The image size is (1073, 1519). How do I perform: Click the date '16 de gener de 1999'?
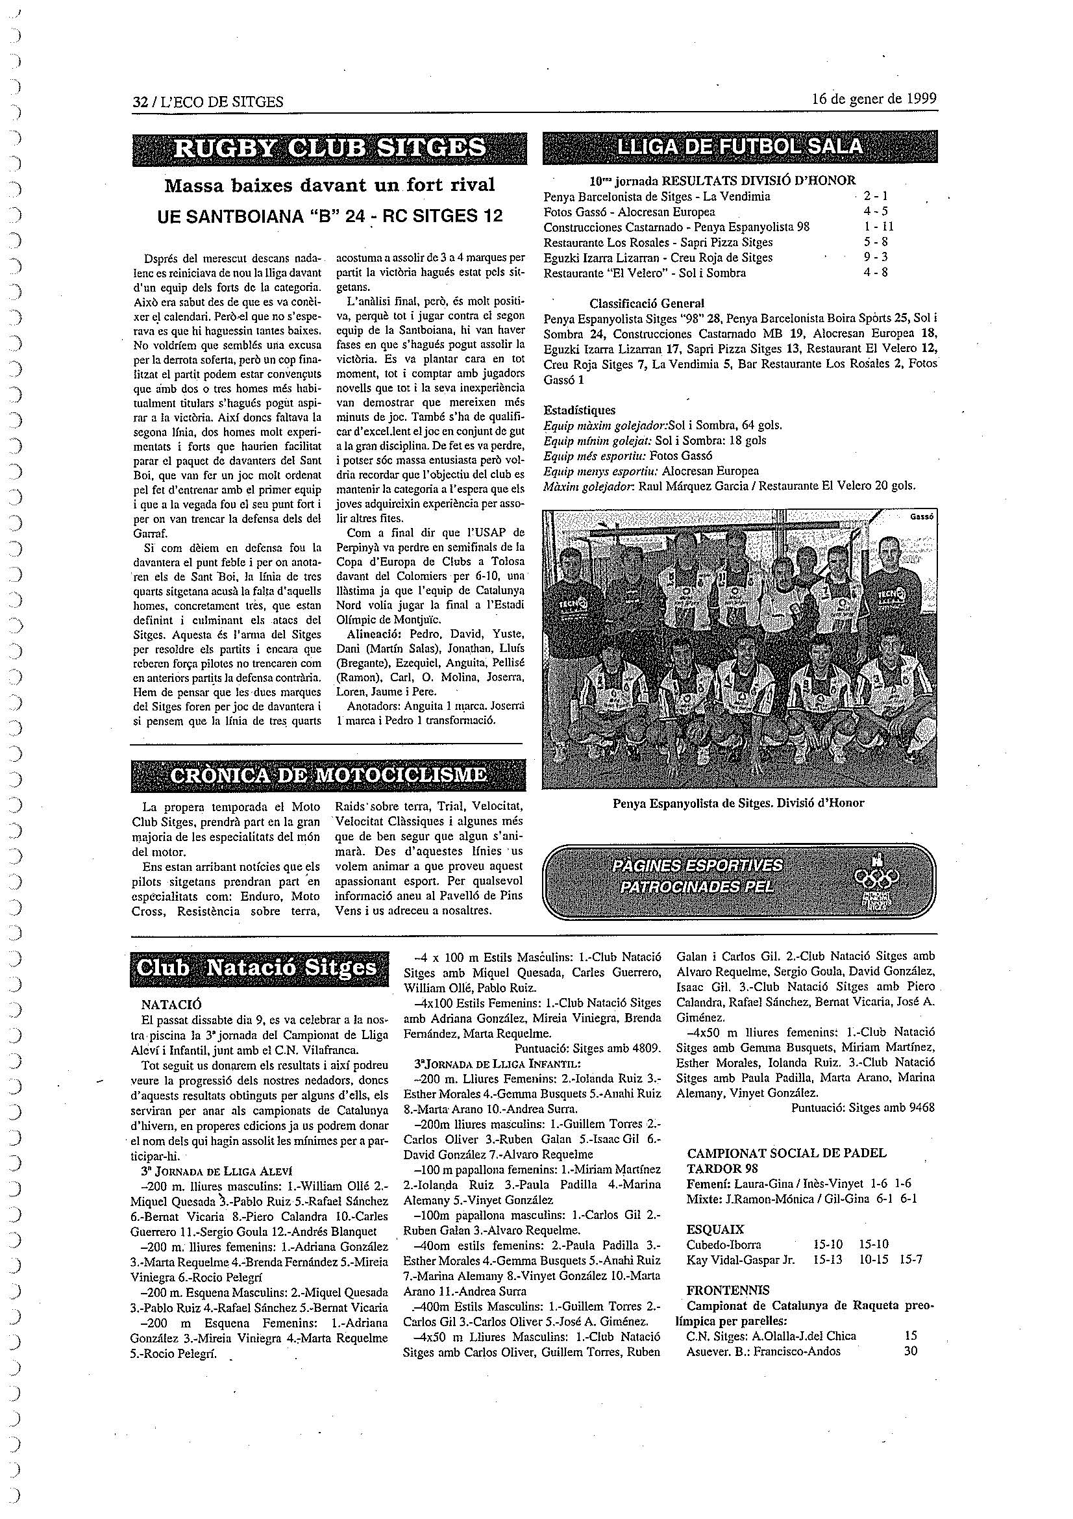tap(874, 99)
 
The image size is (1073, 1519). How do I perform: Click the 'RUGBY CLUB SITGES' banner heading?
tap(329, 147)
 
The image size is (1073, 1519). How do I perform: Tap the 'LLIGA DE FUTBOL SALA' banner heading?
tap(739, 146)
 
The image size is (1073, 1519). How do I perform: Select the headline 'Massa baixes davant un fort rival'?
tap(329, 185)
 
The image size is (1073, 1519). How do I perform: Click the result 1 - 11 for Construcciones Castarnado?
tap(879, 227)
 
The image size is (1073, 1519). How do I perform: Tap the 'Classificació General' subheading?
tap(647, 303)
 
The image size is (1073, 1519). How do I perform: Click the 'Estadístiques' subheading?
tap(579, 410)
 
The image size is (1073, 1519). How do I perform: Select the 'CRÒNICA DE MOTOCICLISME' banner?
tap(329, 775)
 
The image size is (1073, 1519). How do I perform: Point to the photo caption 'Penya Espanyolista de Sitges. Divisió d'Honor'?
tap(738, 803)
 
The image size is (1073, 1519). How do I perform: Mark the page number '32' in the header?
tap(139, 101)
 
